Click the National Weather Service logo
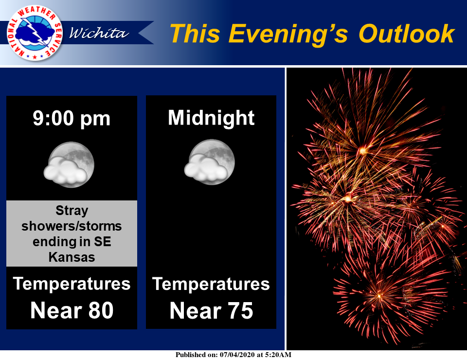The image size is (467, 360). [35, 33]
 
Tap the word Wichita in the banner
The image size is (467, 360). [99, 33]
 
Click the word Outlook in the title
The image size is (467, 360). [407, 34]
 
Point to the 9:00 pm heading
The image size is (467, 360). [72, 119]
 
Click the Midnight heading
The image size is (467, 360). [211, 118]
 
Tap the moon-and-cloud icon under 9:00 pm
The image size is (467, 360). [69, 164]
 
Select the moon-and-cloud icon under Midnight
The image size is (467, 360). [210, 162]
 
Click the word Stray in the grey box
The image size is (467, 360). [72, 211]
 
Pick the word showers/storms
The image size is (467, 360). [72, 226]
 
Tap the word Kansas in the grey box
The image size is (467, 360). [72, 257]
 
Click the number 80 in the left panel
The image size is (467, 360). [101, 310]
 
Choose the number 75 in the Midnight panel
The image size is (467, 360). [240, 311]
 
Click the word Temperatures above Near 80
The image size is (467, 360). [72, 284]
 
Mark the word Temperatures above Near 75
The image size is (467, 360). [211, 284]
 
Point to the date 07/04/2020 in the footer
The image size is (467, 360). [237, 355]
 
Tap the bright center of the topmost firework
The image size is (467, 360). [363, 151]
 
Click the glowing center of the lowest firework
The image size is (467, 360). [379, 295]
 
